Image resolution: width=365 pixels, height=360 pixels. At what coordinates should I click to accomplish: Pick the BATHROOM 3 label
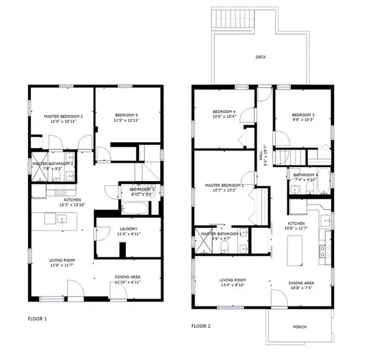tap(143, 190)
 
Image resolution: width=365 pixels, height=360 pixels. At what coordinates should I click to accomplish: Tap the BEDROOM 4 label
tap(224, 111)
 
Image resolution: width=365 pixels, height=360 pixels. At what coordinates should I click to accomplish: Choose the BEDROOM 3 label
tap(302, 115)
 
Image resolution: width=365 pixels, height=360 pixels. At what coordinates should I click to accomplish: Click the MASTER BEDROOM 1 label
tap(224, 185)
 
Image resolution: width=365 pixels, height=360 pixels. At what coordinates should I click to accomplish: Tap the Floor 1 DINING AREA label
tap(128, 277)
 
